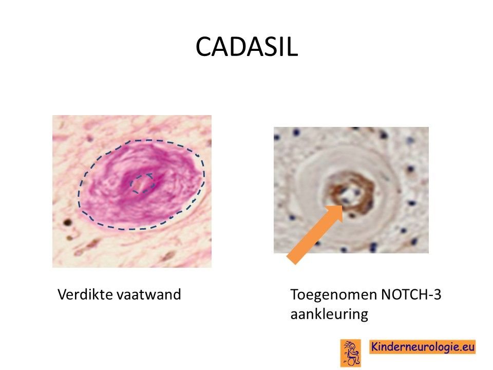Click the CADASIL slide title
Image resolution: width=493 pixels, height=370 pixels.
coord(246,47)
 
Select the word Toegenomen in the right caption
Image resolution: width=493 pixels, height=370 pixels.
coord(334,295)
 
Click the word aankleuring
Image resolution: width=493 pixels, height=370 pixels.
coord(329,314)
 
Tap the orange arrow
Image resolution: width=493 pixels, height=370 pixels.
coord(315,234)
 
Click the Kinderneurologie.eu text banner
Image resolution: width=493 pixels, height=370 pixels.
coord(422,347)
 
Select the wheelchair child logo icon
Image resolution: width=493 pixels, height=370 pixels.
coord(351,353)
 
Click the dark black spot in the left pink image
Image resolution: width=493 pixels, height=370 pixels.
coord(67,223)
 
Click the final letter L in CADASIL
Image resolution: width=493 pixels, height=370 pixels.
coord(292,47)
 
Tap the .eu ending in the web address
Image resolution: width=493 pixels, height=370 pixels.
coord(465,347)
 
